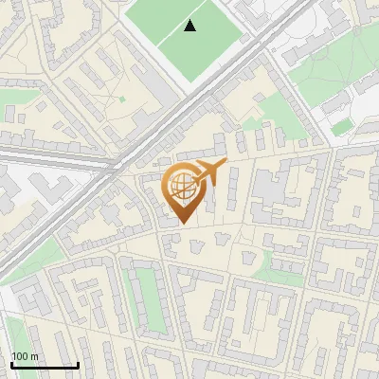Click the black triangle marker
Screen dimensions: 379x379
pos(190,26)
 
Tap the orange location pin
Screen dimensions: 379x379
pos(183,192)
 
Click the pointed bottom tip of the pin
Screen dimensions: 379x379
pos(182,224)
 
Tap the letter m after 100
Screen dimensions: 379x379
pos(34,356)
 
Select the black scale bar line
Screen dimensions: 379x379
pos(44,365)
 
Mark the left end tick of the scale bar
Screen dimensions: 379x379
pos(10,364)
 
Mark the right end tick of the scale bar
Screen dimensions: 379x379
pos(78,364)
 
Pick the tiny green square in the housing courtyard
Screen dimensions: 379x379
pos(122,98)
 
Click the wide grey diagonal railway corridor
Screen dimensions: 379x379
pos(142,142)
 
